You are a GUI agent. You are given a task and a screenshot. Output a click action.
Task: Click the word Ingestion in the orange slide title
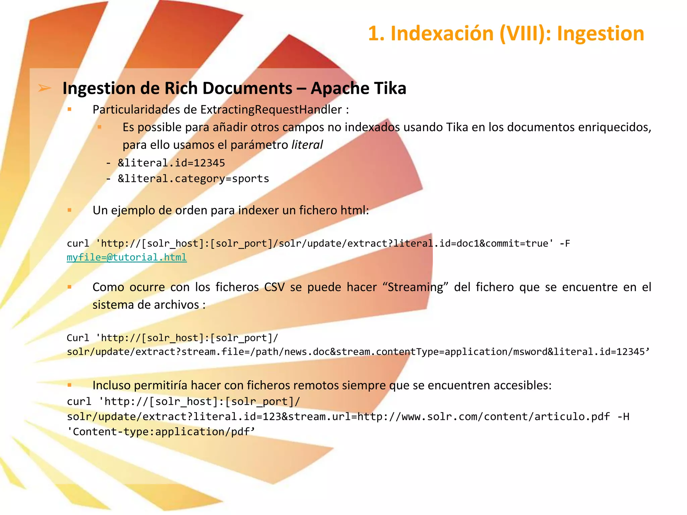pyautogui.click(x=600, y=34)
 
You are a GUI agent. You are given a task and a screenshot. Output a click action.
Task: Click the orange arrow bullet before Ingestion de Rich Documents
pyautogui.click(x=44, y=88)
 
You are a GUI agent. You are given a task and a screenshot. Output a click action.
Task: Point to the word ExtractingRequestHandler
pyautogui.click(x=271, y=110)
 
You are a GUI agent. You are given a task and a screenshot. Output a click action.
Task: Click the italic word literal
pyautogui.click(x=307, y=145)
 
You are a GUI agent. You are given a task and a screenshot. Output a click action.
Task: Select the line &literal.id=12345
pyautogui.click(x=171, y=163)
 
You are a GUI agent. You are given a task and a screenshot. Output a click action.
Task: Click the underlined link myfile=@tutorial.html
pyautogui.click(x=126, y=257)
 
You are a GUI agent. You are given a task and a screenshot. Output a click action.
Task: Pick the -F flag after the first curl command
pyautogui.click(x=565, y=243)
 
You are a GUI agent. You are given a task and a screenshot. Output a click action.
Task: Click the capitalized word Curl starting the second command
pyautogui.click(x=78, y=338)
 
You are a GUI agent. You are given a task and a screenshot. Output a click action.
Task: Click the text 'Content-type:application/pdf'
pyautogui.click(x=161, y=432)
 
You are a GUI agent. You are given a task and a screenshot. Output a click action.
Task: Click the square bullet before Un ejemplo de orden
pyautogui.click(x=69, y=210)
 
